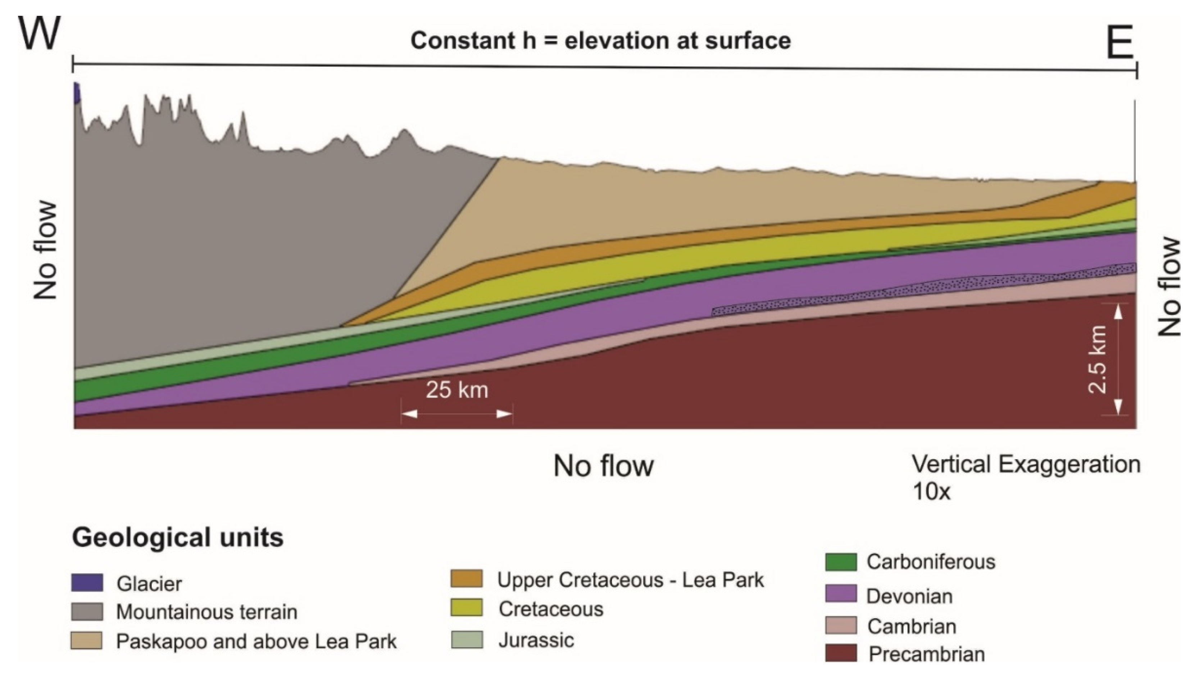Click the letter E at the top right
[x=1120, y=45]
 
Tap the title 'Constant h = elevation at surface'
[x=600, y=41]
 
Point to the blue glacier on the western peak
[x=77, y=93]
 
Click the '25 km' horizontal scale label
[x=457, y=390]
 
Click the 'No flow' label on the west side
[x=46, y=250]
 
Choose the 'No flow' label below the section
[x=604, y=466]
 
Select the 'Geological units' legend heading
[x=178, y=538]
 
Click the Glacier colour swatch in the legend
[x=87, y=583]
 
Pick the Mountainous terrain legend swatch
[x=87, y=612]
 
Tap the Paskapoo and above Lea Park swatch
[x=87, y=640]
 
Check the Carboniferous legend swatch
[x=841, y=561]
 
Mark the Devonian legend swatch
[x=841, y=594]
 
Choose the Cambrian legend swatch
[x=841, y=626]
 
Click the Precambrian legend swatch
[x=841, y=653]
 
